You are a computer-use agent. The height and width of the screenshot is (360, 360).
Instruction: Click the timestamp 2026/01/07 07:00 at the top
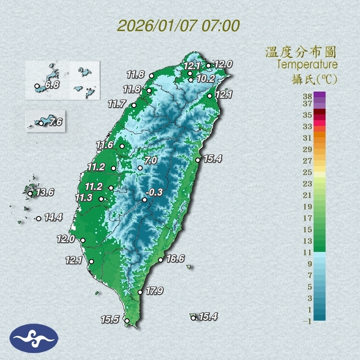[x=178, y=26]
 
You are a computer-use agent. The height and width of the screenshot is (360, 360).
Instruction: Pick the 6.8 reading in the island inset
[x=52, y=85]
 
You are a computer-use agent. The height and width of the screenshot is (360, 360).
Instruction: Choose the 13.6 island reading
[x=45, y=192]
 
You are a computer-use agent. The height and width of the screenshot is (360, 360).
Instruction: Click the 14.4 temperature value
[x=53, y=218]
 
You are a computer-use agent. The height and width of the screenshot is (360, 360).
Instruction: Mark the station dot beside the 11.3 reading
[x=101, y=199]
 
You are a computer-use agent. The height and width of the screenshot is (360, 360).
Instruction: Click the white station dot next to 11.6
[x=122, y=146]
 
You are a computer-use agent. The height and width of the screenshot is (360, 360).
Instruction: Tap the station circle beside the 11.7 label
[x=134, y=106]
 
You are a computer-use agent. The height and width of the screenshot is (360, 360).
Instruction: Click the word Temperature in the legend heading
[x=307, y=64]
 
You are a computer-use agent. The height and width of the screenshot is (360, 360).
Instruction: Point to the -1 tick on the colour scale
[x=307, y=322]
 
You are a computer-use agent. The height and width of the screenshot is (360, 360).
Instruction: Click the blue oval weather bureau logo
[x=34, y=338]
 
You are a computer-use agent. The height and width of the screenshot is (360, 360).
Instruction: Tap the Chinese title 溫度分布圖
[x=301, y=52]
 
